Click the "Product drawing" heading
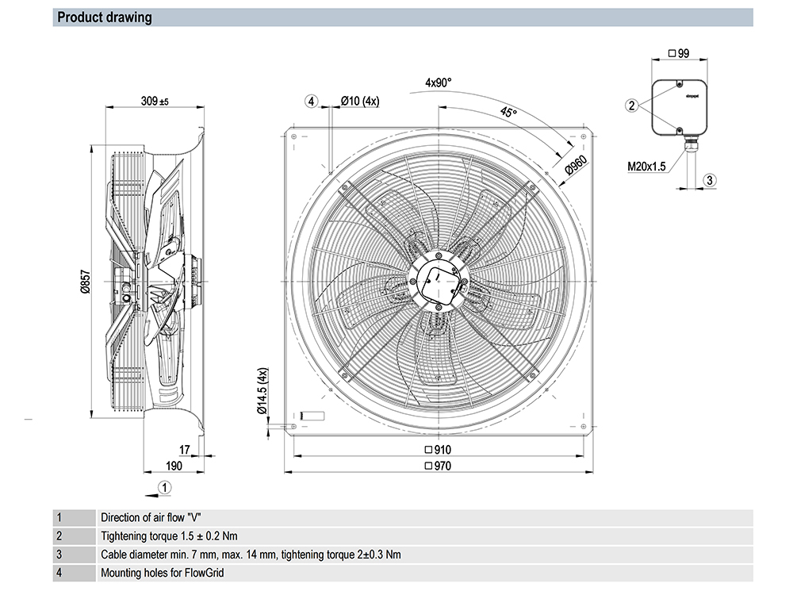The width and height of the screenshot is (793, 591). [105, 17]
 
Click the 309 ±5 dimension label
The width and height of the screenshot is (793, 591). [155, 102]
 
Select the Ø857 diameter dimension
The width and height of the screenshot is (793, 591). [85, 282]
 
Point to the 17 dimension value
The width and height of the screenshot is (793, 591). [185, 450]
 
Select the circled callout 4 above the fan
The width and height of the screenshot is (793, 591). [312, 101]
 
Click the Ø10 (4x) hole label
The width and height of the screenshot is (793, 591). [360, 101]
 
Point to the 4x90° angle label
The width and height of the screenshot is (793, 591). [438, 83]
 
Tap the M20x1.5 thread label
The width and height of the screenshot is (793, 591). [646, 167]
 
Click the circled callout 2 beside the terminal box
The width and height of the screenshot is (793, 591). [632, 105]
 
